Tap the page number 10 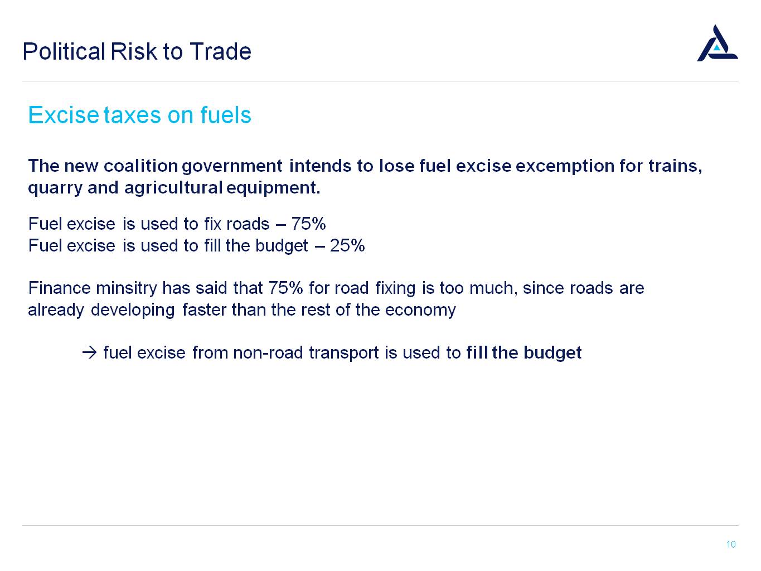(731, 544)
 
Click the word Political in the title (64, 51)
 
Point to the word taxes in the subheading (132, 115)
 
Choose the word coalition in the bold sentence (140, 166)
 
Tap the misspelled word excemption (565, 166)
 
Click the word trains (676, 166)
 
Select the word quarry (55, 188)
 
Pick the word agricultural (173, 188)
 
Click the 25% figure (347, 246)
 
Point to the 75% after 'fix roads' (308, 224)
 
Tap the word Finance (59, 288)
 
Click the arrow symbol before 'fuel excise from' (89, 353)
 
